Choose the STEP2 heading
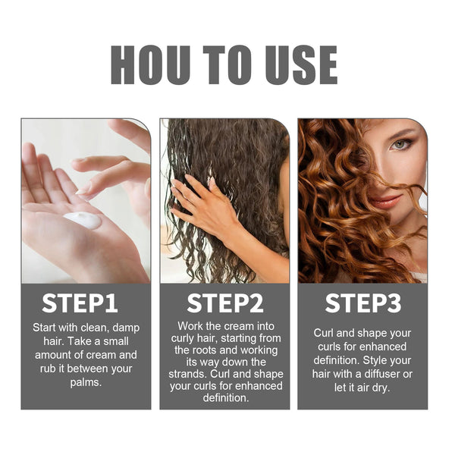click(224, 303)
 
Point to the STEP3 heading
click(362, 303)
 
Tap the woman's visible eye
click(400, 144)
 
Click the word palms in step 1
click(85, 382)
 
